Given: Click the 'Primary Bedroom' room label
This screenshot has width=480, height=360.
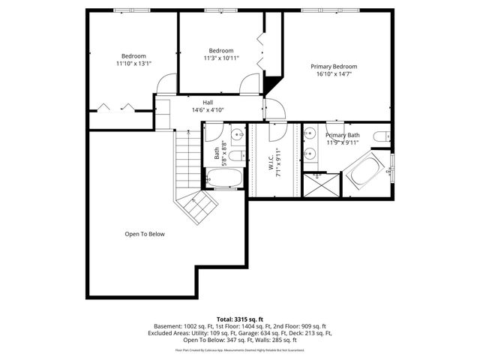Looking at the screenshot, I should pyautogui.click(x=334, y=67).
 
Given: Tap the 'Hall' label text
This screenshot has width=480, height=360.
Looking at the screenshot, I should pyautogui.click(x=208, y=102).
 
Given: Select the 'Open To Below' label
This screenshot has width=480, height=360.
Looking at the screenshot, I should pyautogui.click(x=144, y=234).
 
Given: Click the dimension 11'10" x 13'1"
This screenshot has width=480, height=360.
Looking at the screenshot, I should pyautogui.click(x=133, y=64).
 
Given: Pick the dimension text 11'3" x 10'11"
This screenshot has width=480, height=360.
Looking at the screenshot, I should pyautogui.click(x=220, y=58).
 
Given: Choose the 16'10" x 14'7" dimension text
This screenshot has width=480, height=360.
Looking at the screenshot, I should pyautogui.click(x=334, y=74).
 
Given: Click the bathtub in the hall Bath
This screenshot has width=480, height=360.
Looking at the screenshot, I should pyautogui.click(x=223, y=178).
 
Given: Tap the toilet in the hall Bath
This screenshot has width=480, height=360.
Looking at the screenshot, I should pyautogui.click(x=235, y=156).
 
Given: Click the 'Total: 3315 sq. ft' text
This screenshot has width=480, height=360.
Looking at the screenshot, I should pyautogui.click(x=239, y=319).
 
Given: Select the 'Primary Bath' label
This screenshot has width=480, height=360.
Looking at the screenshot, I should pyautogui.click(x=343, y=135).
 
